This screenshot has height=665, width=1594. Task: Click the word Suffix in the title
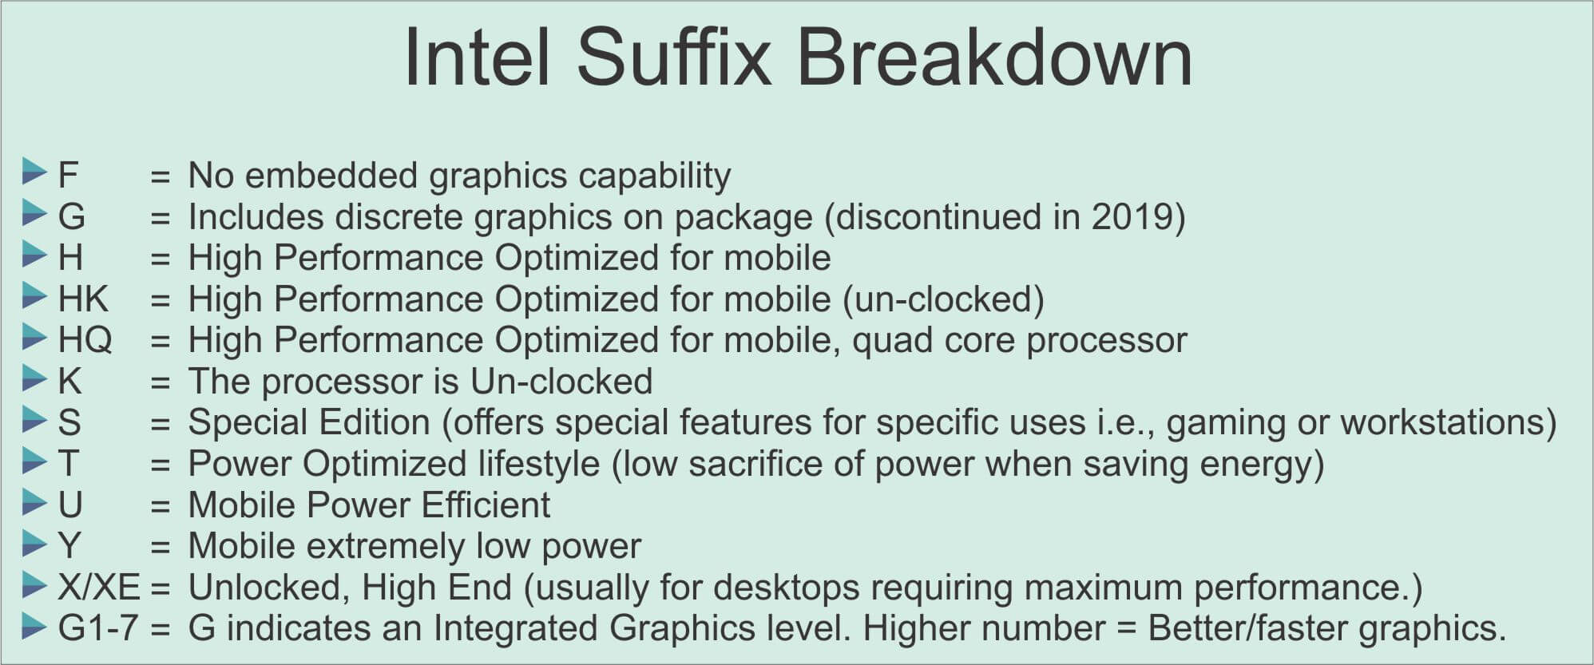point(674,57)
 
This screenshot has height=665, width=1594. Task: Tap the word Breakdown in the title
point(994,57)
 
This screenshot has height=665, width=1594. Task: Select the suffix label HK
point(83,299)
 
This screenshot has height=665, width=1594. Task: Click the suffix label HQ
point(85,341)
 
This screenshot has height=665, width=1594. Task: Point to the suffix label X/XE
point(99,588)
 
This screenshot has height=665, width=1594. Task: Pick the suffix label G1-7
point(98,628)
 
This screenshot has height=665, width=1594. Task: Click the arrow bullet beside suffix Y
point(35,543)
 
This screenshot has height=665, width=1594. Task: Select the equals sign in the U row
point(160,506)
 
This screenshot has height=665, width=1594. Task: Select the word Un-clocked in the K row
point(561,382)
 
